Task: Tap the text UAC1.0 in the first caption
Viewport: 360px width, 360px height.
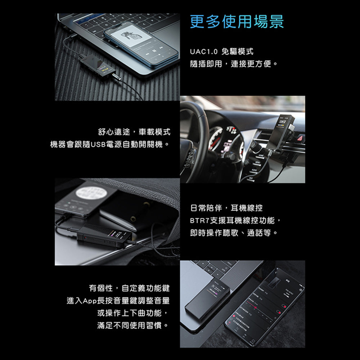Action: tap(203, 52)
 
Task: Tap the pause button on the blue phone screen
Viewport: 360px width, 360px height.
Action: tap(154, 50)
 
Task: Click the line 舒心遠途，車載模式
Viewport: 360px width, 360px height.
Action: tap(134, 132)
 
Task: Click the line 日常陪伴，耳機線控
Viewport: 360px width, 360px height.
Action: tap(226, 208)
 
